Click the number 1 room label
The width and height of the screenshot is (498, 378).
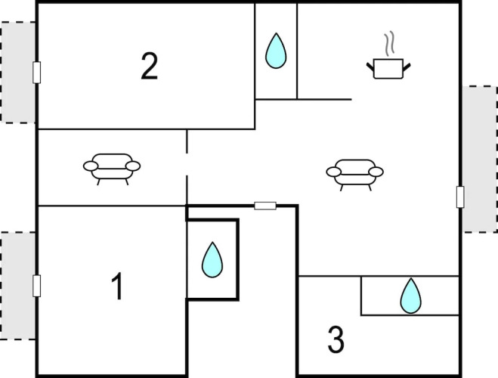[x=116, y=287]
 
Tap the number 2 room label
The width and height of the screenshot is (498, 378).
[x=150, y=67]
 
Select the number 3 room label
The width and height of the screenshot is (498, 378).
[x=336, y=340]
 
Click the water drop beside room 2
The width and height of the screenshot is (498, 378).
[x=276, y=50]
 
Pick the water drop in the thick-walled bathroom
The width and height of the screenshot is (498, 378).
[x=212, y=259]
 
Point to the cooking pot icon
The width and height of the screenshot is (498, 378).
[x=388, y=69]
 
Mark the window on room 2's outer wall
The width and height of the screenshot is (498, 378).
[x=36, y=72]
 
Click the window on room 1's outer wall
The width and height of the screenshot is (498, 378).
[x=36, y=286]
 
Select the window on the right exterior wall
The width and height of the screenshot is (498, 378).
[x=459, y=197]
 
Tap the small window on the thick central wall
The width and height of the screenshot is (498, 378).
[x=265, y=205]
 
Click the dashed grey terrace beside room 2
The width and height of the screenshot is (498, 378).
[x=17, y=72]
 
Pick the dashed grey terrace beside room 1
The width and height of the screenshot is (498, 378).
[x=17, y=286]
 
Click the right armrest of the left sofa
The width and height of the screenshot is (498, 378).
[x=133, y=165]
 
